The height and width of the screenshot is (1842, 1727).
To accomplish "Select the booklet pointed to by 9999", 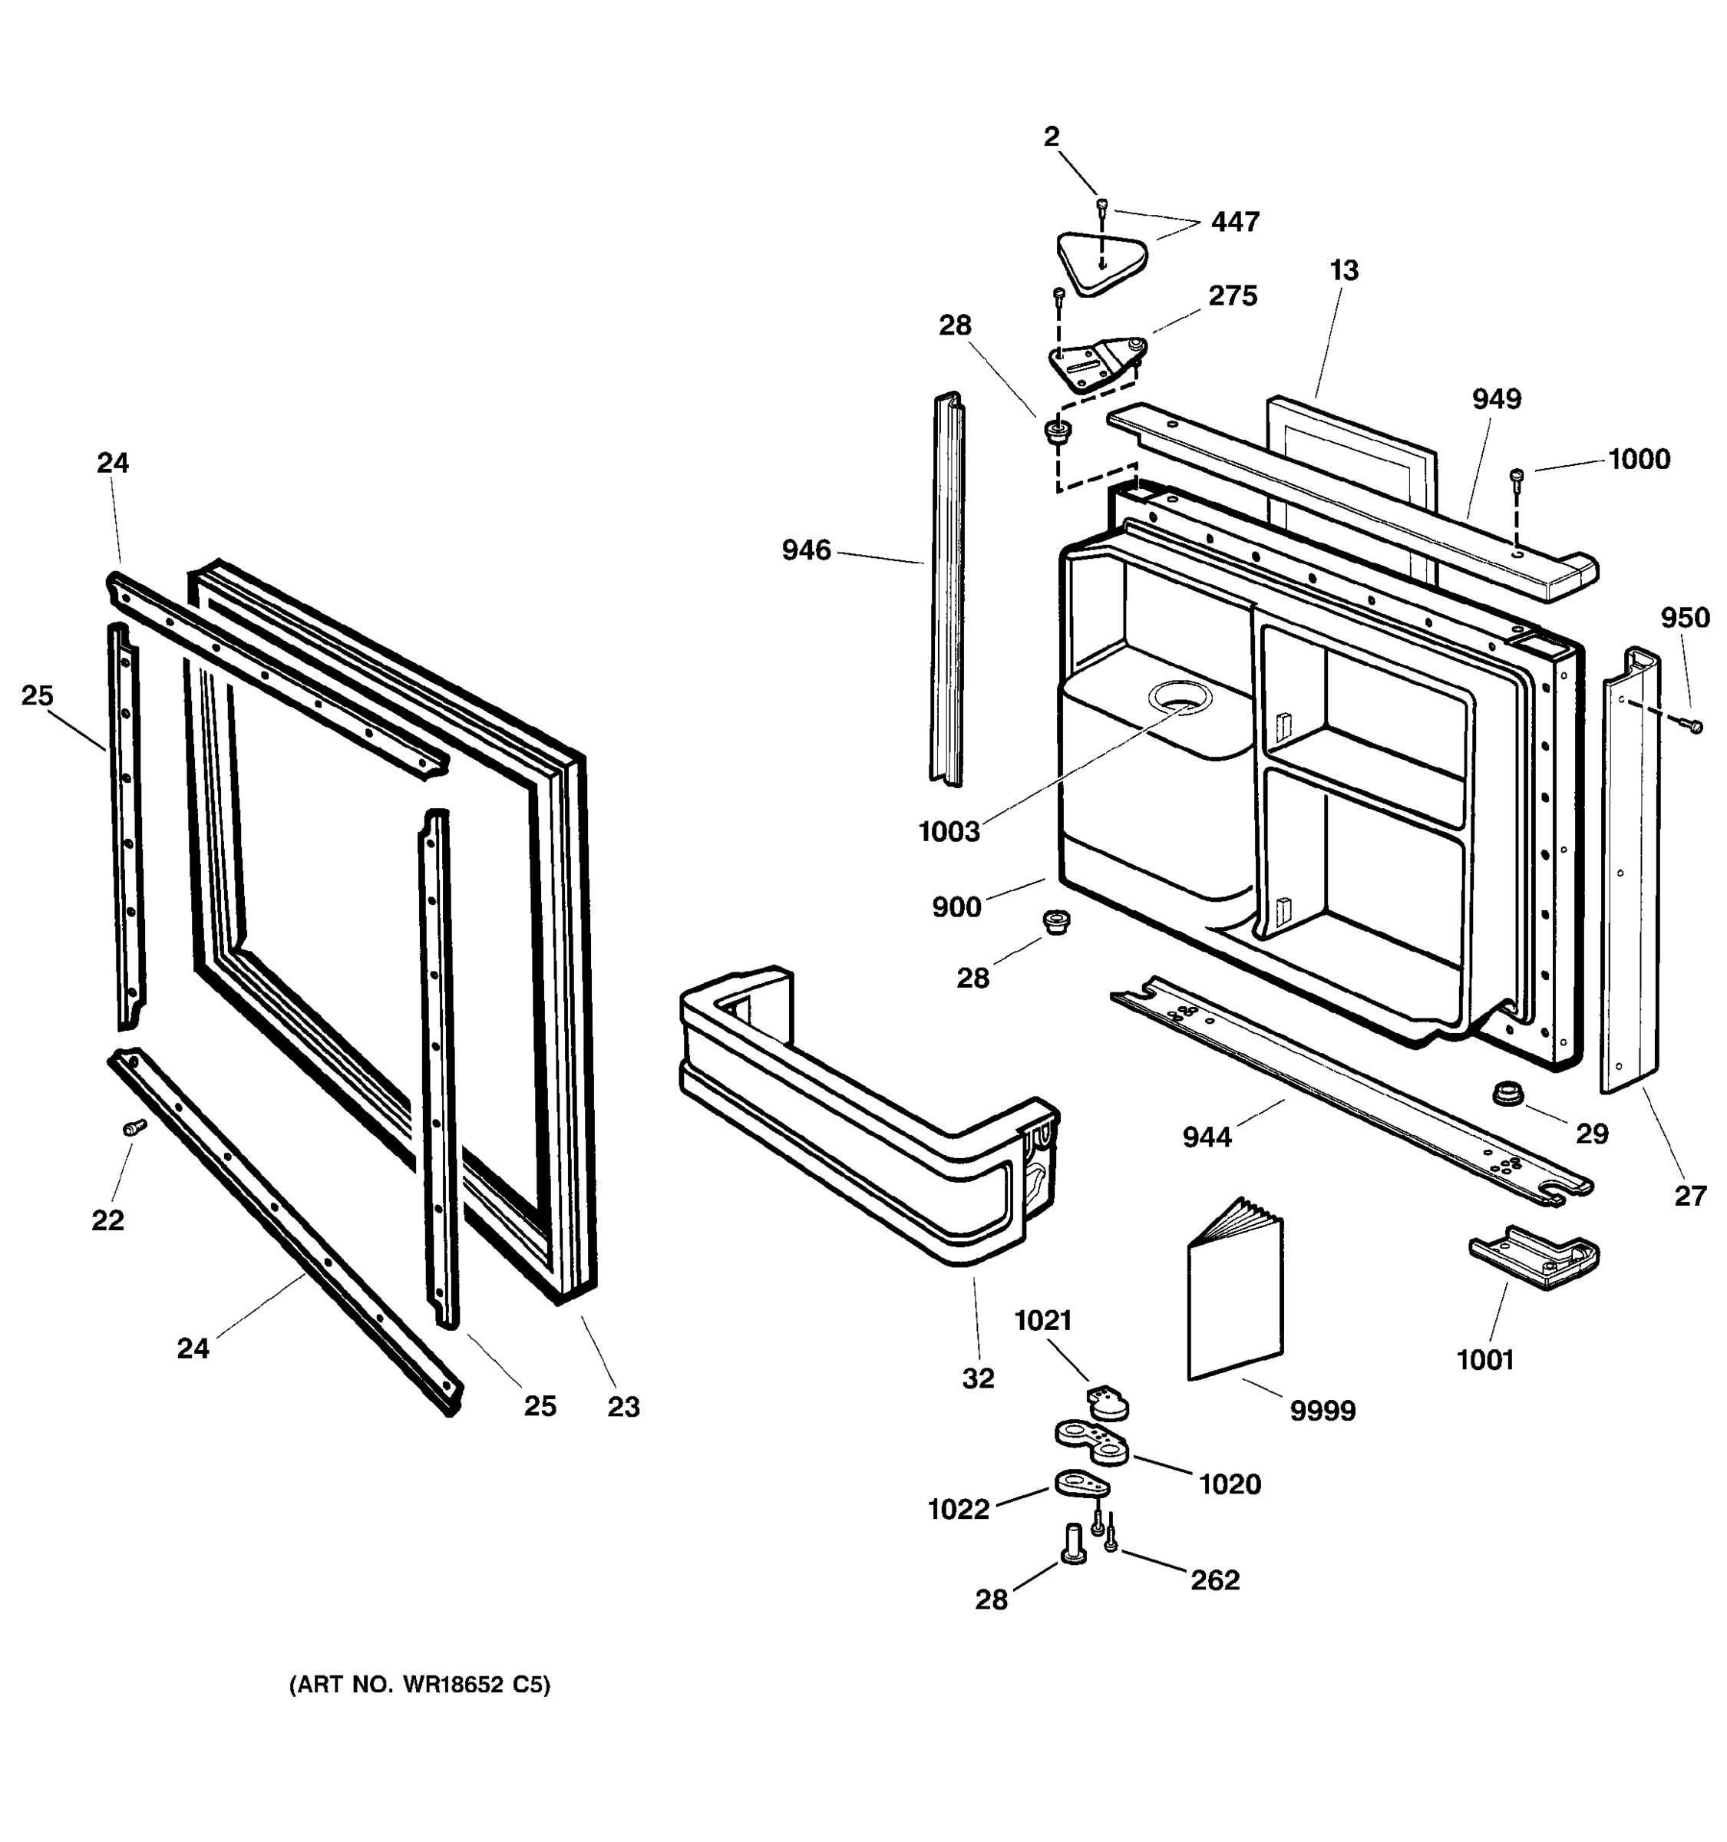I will pyautogui.click(x=1235, y=1297).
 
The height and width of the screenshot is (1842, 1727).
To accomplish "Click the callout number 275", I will pyautogui.click(x=1232, y=295).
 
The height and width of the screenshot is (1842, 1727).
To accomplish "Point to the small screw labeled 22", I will pyautogui.click(x=134, y=1127).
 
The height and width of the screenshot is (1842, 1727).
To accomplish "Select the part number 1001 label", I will pyautogui.click(x=1485, y=1360).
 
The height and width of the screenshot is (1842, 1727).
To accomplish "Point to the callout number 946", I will pyautogui.click(x=806, y=550).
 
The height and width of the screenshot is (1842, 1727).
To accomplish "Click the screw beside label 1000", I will pyautogui.click(x=1517, y=477).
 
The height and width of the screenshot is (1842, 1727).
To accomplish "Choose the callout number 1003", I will pyautogui.click(x=949, y=832).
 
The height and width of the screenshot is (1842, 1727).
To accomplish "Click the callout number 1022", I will pyautogui.click(x=959, y=1510).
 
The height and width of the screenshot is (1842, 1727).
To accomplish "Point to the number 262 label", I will pyautogui.click(x=1214, y=1579).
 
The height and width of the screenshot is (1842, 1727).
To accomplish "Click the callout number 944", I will pyautogui.click(x=1207, y=1136).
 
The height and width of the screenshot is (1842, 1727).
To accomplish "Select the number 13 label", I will pyautogui.click(x=1343, y=271).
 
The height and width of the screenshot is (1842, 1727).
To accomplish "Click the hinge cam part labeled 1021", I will pyautogui.click(x=1106, y=1403).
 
